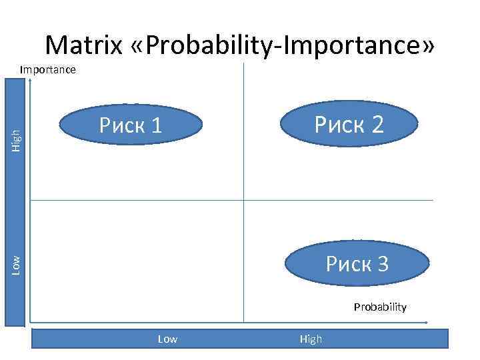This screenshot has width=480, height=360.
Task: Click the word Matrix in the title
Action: (84, 45)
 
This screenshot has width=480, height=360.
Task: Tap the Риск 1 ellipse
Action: (131, 125)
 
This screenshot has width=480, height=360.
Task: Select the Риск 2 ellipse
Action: (350, 124)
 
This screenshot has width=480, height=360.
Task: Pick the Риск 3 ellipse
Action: (357, 264)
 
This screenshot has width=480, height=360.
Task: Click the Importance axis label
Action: (48, 69)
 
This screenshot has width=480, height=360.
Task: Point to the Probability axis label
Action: (380, 307)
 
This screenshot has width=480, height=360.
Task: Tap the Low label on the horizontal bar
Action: (167, 339)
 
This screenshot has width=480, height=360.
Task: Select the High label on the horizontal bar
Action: (311, 339)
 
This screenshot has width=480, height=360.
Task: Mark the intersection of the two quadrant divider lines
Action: (244, 199)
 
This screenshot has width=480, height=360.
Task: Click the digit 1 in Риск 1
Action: (156, 125)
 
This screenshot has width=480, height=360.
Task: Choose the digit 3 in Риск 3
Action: (382, 264)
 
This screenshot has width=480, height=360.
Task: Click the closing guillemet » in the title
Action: (427, 47)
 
